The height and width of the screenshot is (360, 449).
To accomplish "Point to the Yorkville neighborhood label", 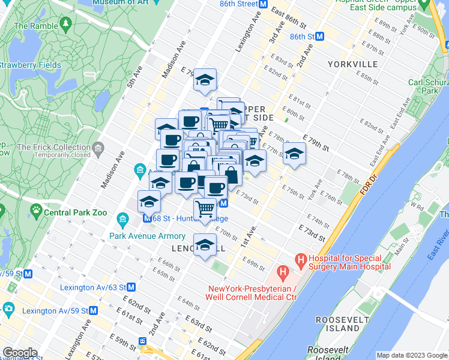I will tap(352, 64).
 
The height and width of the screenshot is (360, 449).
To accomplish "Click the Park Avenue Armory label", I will tap(148, 236).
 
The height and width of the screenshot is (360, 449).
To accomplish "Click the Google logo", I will tap(20, 352).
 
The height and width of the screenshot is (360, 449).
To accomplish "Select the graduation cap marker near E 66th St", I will tap(205, 244).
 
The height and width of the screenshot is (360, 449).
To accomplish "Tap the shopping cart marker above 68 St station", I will tap(205, 209).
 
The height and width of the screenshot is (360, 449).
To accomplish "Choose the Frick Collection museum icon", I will tap(98, 147).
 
